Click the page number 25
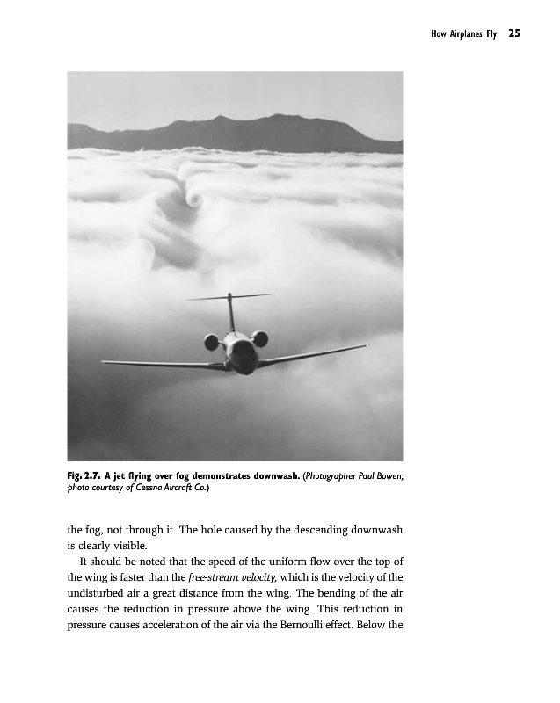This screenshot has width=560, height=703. (514, 34)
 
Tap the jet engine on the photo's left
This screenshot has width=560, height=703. (212, 341)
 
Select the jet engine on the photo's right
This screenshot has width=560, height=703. (260, 338)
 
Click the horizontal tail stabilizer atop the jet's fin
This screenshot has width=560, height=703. (229, 297)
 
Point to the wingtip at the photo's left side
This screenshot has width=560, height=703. (104, 361)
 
